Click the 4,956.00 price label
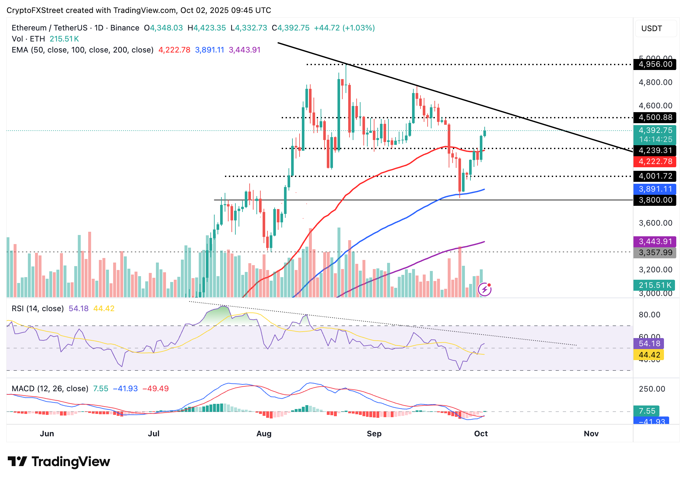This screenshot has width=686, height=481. coord(655,64)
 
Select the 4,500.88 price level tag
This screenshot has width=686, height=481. coord(655,117)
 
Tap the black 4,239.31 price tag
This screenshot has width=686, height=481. coord(655,150)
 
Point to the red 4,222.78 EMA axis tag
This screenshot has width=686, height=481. coord(655,161)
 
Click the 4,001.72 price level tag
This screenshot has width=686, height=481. coord(655,176)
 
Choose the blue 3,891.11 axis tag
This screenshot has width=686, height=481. coord(655,189)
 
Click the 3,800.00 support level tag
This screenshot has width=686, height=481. coord(655,200)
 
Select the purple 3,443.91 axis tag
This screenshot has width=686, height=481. coord(655,241)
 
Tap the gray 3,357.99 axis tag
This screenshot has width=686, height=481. coord(655,252)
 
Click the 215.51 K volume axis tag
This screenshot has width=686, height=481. coord(654,285)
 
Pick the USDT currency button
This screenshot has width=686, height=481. coord(652,29)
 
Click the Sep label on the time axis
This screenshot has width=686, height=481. coord(374,434)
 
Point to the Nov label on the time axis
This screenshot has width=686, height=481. coord(591,434)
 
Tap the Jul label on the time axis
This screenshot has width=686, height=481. coord(154,434)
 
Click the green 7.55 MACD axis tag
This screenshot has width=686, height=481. coord(646,411)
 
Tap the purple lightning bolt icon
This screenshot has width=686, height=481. coord(485,289)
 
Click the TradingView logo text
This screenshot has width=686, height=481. coord(71,462)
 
